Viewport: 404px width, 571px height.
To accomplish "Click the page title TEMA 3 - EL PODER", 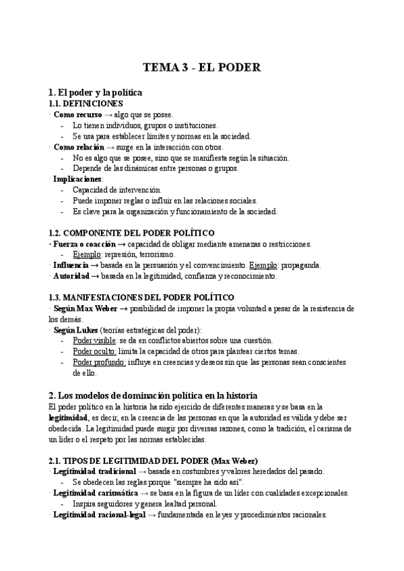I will pyautogui.click(x=202, y=67).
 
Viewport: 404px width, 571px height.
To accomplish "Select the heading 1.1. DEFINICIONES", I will pyautogui.click(x=86, y=104).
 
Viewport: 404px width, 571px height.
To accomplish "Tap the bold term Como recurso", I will pyautogui.click(x=77, y=115).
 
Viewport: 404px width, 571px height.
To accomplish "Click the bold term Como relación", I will pyautogui.click(x=79, y=147).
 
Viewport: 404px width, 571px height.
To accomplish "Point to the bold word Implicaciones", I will pyautogui.click(x=77, y=179).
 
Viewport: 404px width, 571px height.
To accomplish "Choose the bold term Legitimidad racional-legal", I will pyautogui.click(x=98, y=514).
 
